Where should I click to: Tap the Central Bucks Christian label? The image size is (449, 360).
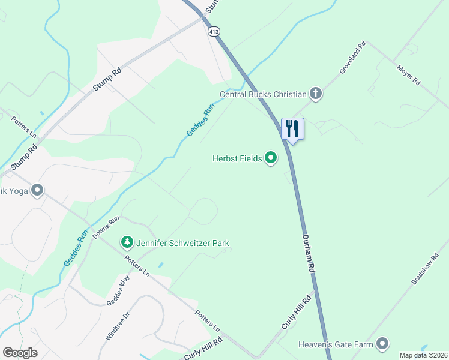[263, 94]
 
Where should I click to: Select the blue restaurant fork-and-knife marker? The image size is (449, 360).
[293, 128]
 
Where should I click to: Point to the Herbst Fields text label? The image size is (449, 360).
[237, 158]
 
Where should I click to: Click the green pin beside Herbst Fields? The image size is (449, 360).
[271, 158]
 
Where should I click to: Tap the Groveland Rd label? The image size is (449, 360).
[352, 58]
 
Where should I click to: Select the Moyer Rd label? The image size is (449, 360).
[409, 74]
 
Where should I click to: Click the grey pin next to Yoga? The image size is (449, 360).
[38, 191]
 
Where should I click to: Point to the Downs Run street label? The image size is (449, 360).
[106, 227]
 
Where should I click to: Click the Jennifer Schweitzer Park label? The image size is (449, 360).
[182, 243]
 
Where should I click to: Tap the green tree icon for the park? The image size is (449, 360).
[127, 242]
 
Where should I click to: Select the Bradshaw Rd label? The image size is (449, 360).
[426, 269]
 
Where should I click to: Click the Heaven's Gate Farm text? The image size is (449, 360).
[336, 344]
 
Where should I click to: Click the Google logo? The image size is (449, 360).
[20, 353]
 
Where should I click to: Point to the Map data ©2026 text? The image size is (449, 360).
[423, 355]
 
